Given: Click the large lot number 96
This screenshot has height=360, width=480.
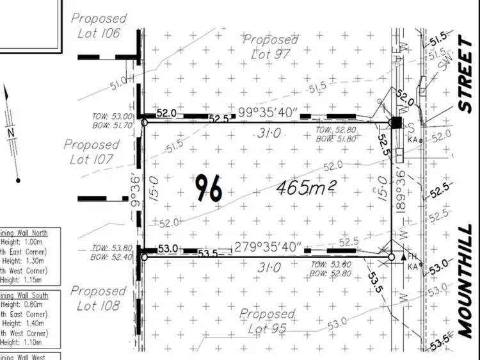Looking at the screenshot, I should [x=209, y=189].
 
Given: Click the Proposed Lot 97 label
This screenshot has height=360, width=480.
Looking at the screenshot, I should [x=271, y=47].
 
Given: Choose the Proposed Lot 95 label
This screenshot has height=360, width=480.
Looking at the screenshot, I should [x=267, y=321].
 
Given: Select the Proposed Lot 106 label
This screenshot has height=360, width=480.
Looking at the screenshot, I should [x=99, y=25].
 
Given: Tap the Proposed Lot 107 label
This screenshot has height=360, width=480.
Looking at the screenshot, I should [x=92, y=152].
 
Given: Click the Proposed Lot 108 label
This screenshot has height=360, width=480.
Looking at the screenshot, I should [x=99, y=299].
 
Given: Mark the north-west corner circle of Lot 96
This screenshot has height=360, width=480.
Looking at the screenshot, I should [x=144, y=122].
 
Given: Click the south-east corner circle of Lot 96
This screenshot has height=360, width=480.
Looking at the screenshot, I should [x=392, y=257].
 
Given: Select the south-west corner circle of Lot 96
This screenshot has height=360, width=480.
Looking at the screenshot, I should [x=144, y=257].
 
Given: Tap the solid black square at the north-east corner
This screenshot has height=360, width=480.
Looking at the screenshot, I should [x=396, y=122].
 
